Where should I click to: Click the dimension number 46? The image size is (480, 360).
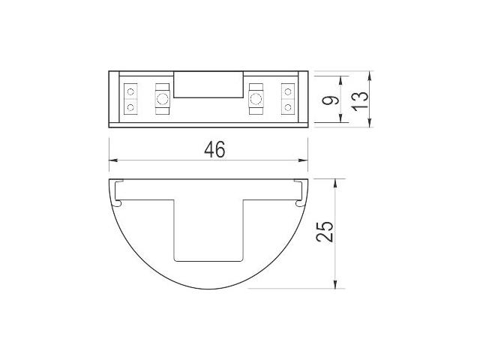click(x=214, y=149)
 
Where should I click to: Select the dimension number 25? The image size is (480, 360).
click(x=325, y=232)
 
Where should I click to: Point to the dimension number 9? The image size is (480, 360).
click(x=331, y=100)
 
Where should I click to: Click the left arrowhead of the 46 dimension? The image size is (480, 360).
click(x=113, y=160)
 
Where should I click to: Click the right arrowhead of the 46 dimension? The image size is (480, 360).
click(x=303, y=160)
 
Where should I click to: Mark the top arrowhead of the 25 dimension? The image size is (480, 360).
click(x=335, y=183)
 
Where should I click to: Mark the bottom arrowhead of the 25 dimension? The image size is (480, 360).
click(x=335, y=284)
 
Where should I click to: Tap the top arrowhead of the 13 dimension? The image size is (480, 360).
click(x=370, y=75)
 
